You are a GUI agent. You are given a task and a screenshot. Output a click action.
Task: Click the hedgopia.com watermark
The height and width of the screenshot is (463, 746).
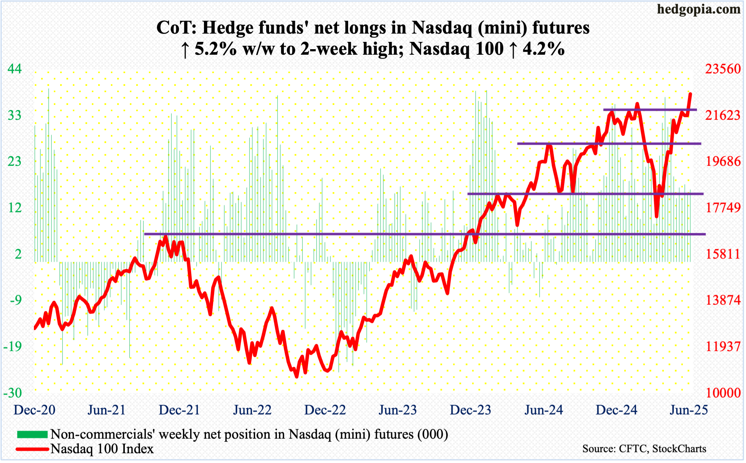699,9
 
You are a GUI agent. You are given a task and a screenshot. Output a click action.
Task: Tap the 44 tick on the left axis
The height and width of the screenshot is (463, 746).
15,69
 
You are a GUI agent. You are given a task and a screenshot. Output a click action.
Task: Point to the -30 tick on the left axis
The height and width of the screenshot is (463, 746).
13,393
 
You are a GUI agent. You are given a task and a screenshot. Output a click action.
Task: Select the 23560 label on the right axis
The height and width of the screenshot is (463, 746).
723,69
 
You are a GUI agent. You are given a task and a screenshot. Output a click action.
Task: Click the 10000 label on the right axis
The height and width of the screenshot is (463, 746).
723,393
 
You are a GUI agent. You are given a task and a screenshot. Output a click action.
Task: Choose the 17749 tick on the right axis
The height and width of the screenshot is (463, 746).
723,208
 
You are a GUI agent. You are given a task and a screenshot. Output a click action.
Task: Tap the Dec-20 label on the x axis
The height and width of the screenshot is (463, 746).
35,410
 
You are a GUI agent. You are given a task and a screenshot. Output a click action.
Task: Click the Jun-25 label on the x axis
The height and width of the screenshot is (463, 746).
689,410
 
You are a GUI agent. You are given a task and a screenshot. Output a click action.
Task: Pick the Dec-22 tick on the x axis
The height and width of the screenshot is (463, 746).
325,410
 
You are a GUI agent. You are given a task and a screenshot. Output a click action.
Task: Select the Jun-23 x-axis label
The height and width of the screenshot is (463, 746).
398,410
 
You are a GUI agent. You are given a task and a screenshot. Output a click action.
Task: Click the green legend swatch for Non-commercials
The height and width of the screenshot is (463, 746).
32,434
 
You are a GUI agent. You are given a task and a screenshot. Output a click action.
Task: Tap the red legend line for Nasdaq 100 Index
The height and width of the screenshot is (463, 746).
32,449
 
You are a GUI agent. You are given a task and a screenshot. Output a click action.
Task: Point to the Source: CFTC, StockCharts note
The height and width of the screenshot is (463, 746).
644,449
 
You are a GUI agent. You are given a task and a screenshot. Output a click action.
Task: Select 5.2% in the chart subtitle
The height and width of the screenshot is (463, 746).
215,49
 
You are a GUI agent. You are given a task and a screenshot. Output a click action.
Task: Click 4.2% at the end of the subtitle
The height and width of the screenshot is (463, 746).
543,49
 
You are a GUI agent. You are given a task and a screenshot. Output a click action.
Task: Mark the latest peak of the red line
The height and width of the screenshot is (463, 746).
690,93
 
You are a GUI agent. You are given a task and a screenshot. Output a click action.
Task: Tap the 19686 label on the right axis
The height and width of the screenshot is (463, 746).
723,161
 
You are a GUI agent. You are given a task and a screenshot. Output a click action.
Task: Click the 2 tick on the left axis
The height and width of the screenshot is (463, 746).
18,254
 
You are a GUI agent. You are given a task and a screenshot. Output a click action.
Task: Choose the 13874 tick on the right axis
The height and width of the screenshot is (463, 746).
723,300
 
